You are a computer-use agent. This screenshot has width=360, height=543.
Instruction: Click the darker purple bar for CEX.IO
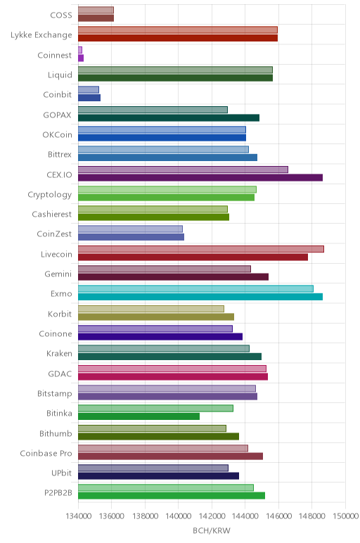click(200, 178)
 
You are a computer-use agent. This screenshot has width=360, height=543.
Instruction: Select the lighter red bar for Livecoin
click(201, 249)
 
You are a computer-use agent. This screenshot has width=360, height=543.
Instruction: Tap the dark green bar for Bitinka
click(139, 416)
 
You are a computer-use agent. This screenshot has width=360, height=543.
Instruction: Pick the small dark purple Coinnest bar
click(81, 58)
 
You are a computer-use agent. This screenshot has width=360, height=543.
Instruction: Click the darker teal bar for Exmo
click(200, 297)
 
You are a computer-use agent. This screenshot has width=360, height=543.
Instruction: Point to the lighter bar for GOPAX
click(153, 110)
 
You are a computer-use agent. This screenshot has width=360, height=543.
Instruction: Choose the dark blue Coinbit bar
click(89, 98)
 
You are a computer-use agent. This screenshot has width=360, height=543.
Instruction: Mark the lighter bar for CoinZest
click(130, 229)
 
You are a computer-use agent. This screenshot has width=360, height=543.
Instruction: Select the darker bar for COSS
click(96, 18)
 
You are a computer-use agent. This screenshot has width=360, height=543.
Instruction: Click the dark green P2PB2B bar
click(172, 496)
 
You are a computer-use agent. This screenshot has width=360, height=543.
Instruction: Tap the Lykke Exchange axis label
click(41, 35)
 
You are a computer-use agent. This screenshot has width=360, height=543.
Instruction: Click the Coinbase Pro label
click(46, 453)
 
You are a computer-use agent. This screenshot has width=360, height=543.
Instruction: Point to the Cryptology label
click(50, 195)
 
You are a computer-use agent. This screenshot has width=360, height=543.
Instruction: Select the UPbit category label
click(62, 473)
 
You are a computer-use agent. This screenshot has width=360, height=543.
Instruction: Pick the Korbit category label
click(60, 314)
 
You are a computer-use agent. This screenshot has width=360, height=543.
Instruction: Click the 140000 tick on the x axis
click(179, 516)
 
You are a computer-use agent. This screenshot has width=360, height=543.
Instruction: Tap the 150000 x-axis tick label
click(345, 516)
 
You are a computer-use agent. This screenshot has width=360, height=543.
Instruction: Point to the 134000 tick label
click(78, 516)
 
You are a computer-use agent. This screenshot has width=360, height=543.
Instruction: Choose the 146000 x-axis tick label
click(278, 516)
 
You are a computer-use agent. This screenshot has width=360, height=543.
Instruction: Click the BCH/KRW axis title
click(212, 530)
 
